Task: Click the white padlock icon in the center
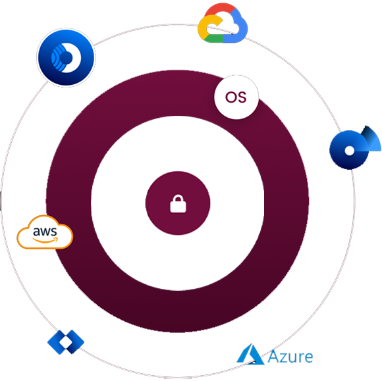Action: pos(178,203)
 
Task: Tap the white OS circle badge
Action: pos(236,97)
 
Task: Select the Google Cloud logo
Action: pos(223,23)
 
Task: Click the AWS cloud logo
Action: pos(45,232)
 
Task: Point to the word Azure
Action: pos(290,357)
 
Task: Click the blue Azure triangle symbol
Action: pos(250,354)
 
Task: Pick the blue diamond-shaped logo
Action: pos(66,342)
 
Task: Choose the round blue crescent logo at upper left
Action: pos(66,57)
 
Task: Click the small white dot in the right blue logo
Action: pos(349,151)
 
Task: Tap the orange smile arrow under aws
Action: pos(45,240)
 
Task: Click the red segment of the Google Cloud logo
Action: pos(220,11)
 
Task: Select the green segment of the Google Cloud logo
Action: pos(213,39)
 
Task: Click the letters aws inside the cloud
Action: pos(45,232)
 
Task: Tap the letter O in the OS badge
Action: pos(231,97)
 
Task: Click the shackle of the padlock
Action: pos(178,198)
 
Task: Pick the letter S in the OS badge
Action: pos(242,97)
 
